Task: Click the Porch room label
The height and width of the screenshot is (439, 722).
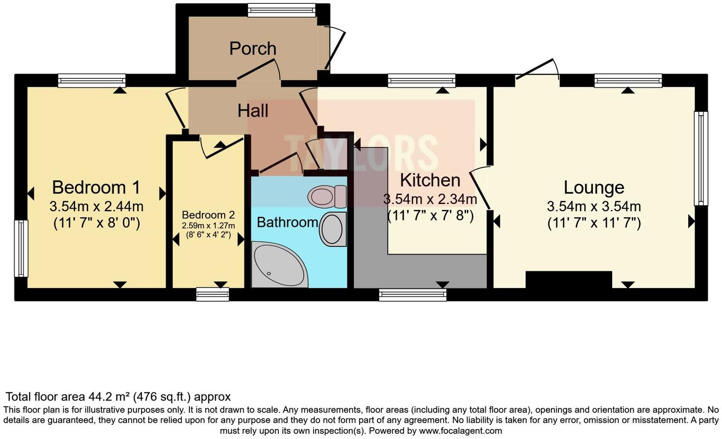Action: (253, 48)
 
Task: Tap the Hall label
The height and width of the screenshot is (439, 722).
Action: (253, 111)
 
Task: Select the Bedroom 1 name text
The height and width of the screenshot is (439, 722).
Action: (96, 187)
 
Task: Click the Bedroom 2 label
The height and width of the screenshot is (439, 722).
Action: (208, 215)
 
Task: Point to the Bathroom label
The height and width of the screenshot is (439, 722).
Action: (287, 222)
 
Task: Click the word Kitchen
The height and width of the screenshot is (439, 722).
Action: (430, 180)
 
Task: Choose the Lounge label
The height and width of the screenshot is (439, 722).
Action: (594, 187)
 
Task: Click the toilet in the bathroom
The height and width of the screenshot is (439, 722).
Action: (327, 196)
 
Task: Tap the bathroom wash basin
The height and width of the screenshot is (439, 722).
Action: (332, 229)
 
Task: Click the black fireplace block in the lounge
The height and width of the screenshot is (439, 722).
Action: (569, 280)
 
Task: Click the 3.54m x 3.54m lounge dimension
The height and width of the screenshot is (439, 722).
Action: (594, 206)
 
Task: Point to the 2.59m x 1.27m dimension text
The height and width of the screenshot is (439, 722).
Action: (208, 225)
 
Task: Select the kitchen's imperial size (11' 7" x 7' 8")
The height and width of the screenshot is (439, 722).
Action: (430, 216)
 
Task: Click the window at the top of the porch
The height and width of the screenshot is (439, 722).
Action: (282, 10)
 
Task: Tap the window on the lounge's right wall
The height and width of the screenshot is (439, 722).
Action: (701, 158)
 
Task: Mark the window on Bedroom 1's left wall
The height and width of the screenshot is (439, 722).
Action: (21, 248)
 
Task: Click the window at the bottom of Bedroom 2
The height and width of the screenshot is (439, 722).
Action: (212, 294)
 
